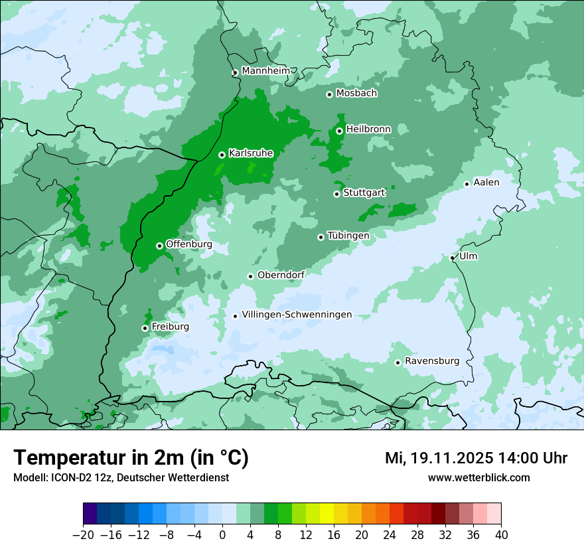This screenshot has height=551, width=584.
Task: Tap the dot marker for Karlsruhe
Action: [222, 155]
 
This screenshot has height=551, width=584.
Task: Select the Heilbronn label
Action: [368, 129]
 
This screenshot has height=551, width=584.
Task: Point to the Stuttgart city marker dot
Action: [336, 194]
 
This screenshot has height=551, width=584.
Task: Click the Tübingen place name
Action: [348, 236]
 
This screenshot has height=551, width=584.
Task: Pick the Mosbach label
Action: [356, 93]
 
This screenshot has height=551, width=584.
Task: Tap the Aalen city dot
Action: [467, 184]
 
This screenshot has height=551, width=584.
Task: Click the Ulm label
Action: [469, 256]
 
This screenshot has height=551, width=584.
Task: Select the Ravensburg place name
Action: [432, 361]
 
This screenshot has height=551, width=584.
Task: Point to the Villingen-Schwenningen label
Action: [297, 315]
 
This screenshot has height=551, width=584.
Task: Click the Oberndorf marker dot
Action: [250, 276]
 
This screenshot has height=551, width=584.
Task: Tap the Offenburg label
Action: [189, 244]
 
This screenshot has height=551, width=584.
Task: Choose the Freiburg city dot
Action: [145, 328]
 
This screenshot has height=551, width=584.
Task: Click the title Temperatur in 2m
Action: [131, 458]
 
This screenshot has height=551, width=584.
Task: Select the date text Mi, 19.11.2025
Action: [438, 458]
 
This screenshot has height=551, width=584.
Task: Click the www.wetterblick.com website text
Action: [478, 477]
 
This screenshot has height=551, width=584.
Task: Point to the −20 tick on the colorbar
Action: [83, 534]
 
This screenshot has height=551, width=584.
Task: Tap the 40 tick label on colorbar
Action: [501, 534]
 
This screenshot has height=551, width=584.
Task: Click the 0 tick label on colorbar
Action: [222, 534]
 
